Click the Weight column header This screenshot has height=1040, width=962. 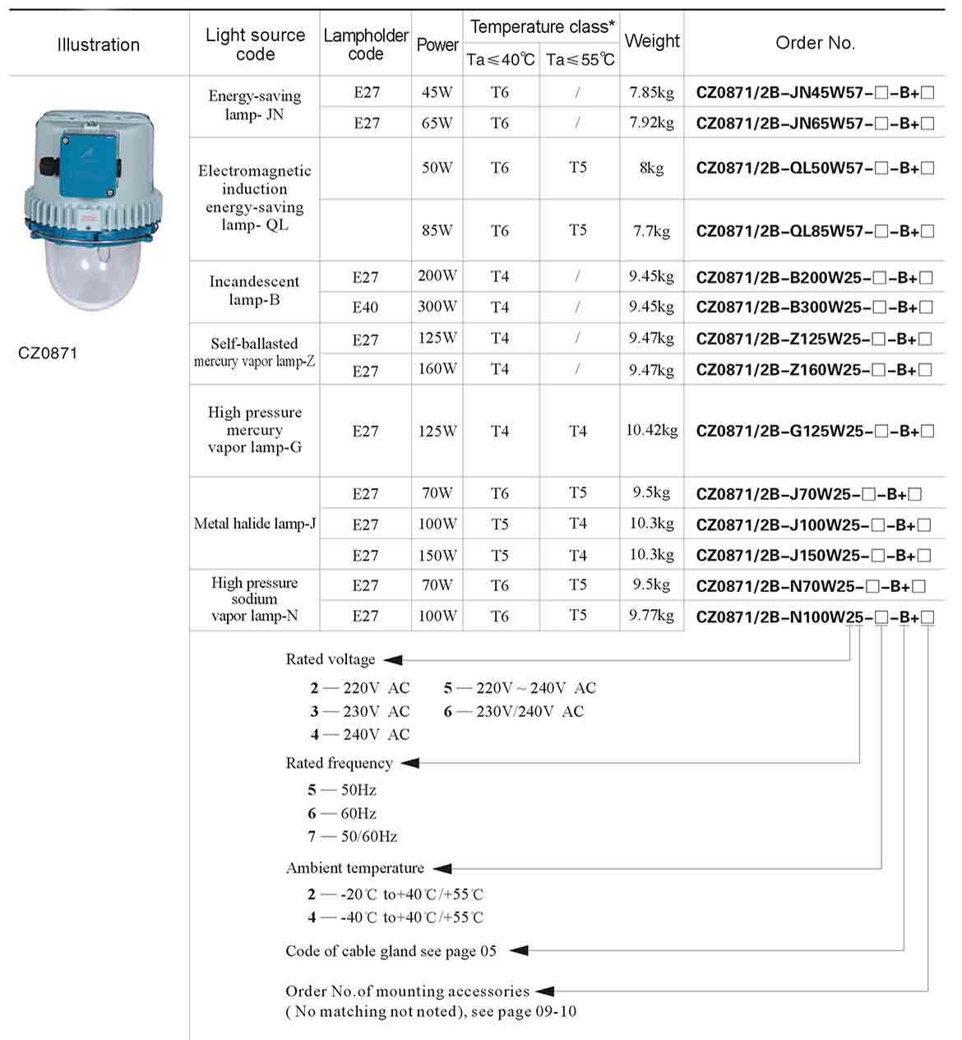click(x=651, y=41)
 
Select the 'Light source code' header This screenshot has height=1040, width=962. click(x=255, y=44)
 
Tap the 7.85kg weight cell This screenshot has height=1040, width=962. click(x=651, y=92)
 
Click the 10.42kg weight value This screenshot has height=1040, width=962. click(x=651, y=430)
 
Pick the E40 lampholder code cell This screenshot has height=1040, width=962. click(x=365, y=307)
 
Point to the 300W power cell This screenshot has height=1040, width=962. click(x=437, y=307)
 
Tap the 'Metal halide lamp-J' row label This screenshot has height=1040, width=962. click(x=255, y=524)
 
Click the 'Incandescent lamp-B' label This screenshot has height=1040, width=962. click(x=255, y=290)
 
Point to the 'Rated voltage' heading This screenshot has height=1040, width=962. click(x=330, y=659)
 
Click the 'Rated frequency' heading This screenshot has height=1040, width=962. click(x=339, y=763)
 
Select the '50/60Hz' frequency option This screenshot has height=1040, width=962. click(x=369, y=836)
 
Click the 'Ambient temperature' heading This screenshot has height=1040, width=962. click(x=354, y=868)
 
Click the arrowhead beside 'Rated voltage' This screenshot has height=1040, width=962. click(x=393, y=659)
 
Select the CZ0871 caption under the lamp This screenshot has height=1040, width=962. click(x=48, y=354)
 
